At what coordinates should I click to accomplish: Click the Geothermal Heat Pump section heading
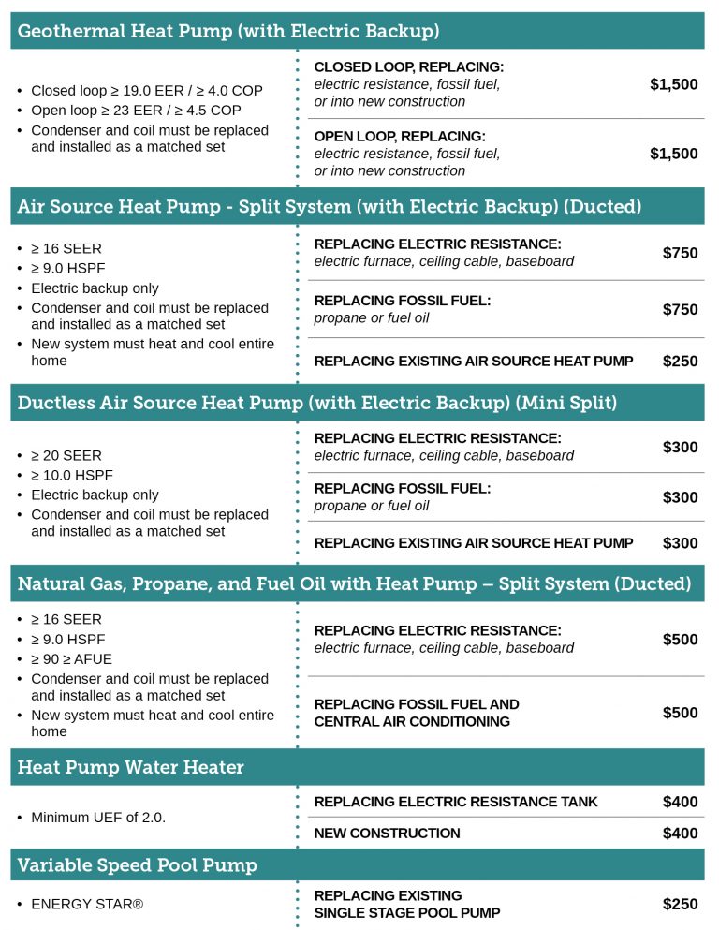(x=228, y=31)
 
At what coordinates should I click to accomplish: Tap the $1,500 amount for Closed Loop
(x=673, y=84)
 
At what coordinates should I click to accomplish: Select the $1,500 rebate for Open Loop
(x=673, y=154)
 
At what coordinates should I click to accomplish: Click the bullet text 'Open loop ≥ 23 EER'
(x=136, y=111)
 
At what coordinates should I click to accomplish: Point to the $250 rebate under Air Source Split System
(x=680, y=362)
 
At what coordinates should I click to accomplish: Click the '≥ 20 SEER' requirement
(x=66, y=456)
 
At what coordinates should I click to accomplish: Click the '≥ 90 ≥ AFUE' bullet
(x=71, y=659)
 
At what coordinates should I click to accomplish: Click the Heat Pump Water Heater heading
(x=130, y=767)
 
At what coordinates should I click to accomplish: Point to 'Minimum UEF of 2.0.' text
(x=98, y=818)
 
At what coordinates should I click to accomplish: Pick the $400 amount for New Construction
(x=680, y=834)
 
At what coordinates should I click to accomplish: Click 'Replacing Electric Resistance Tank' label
(x=456, y=802)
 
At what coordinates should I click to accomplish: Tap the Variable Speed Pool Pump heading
(x=137, y=864)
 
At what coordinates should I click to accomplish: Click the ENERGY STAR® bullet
(x=87, y=905)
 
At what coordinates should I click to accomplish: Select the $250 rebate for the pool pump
(x=680, y=904)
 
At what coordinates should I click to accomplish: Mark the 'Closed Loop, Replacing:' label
(x=408, y=67)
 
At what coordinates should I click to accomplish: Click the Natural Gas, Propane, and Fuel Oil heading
(x=354, y=584)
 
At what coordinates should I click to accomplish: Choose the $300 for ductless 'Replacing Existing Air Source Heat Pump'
(x=680, y=543)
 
